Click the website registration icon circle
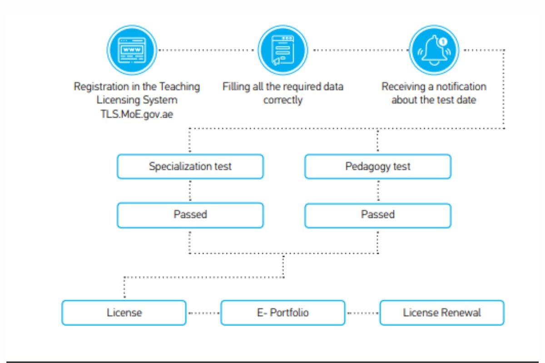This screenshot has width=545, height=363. pyautogui.click(x=132, y=50)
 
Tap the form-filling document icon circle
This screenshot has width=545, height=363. pyautogui.click(x=282, y=50)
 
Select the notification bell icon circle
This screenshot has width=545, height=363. pyautogui.click(x=434, y=50)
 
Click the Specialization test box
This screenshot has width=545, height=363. pyautogui.click(x=190, y=167)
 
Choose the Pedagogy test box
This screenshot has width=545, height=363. pyautogui.click(x=377, y=167)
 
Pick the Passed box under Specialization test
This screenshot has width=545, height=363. pyautogui.click(x=190, y=215)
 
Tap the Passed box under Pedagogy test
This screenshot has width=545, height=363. pyautogui.click(x=377, y=215)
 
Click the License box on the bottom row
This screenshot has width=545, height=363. pyautogui.click(x=124, y=313)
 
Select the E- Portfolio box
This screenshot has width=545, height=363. pyautogui.click(x=282, y=313)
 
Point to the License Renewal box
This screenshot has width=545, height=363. pyautogui.click(x=441, y=313)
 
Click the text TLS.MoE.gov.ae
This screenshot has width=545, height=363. pyautogui.click(x=137, y=114)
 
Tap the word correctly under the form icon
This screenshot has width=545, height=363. pyautogui.click(x=282, y=100)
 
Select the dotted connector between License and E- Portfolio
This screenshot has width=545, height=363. pyautogui.click(x=203, y=313)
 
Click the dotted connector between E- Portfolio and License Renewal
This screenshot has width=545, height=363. pyautogui.click(x=362, y=313)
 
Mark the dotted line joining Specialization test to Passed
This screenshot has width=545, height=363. pyautogui.click(x=190, y=191)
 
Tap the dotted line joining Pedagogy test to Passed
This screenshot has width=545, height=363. pyautogui.click(x=377, y=191)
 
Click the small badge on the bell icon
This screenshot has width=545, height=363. pyautogui.click(x=443, y=41)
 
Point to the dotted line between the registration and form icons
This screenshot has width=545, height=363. pyautogui.click(x=207, y=50)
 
